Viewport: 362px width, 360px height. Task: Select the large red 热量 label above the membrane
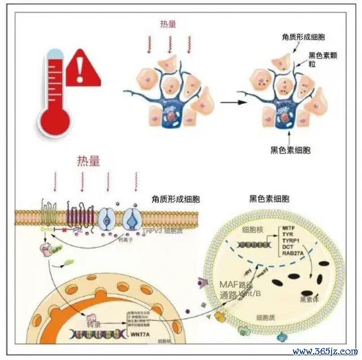[89, 161]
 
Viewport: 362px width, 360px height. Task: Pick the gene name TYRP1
[291, 241]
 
